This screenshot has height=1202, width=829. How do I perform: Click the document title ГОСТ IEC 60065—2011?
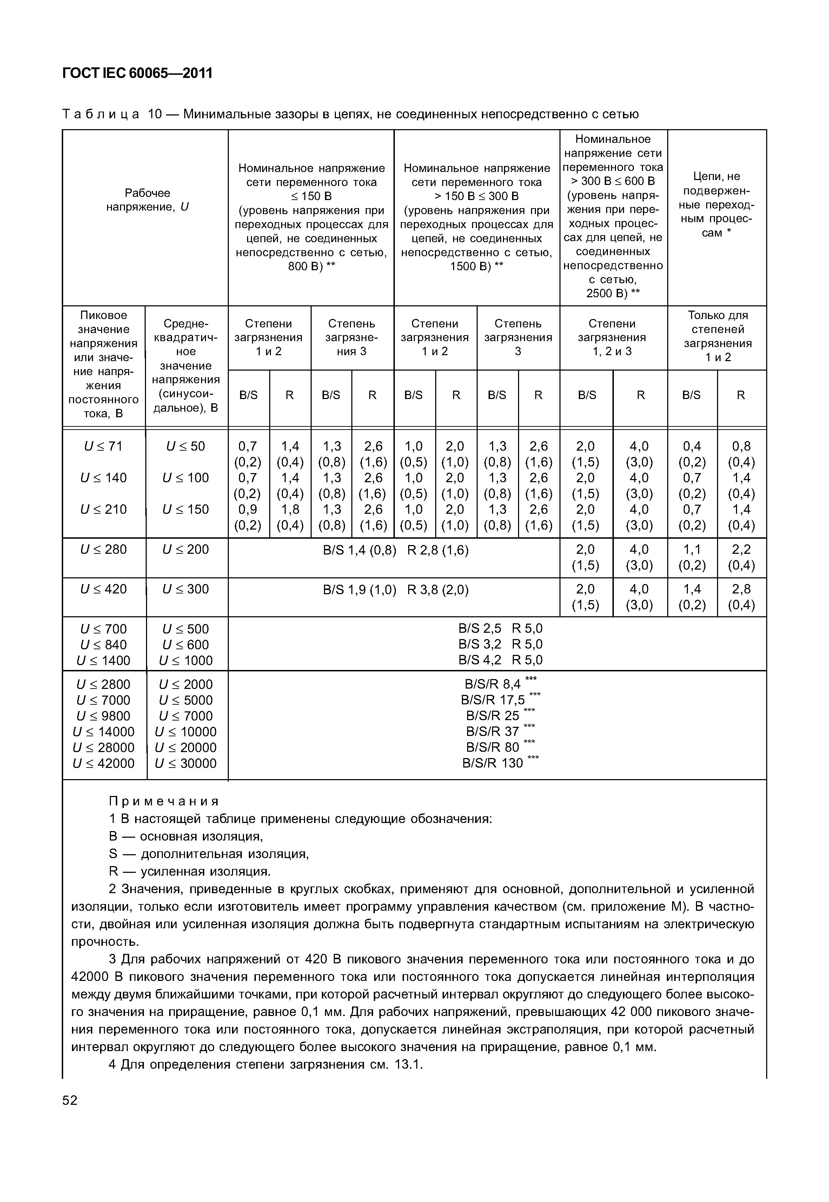click(137, 73)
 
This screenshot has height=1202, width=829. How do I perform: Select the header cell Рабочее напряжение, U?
click(147, 200)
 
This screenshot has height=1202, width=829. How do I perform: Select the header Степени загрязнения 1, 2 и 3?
click(612, 337)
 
